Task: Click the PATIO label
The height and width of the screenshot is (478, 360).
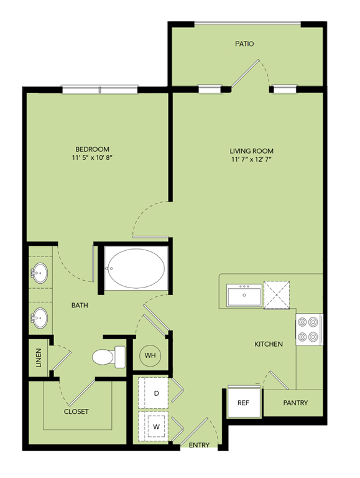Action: tap(244, 44)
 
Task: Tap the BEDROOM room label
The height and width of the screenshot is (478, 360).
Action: tap(92, 149)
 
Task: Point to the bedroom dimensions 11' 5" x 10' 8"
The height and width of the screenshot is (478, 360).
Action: tap(92, 158)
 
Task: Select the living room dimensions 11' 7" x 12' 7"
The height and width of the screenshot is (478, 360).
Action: tap(251, 159)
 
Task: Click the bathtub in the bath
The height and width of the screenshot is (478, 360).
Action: tap(136, 268)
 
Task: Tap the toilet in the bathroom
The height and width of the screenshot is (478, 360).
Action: tap(109, 357)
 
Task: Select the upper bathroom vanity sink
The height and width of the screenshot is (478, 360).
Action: tap(39, 273)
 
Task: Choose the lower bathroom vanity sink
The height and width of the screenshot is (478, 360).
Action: tap(39, 318)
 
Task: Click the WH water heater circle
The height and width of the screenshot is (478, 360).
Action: tap(150, 355)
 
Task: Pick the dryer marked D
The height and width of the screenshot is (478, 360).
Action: tap(153, 393)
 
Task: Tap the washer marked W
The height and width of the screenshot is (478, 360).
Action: tap(153, 426)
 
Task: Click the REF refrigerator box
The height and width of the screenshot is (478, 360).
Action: tap(244, 403)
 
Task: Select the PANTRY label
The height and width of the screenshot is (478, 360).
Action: tap(295, 403)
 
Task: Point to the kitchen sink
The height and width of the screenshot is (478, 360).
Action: tap(244, 295)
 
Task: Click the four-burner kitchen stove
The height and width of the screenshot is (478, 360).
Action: tap(309, 329)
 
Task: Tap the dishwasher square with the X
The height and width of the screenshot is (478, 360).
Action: tap(277, 295)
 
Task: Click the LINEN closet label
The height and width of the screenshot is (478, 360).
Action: tap(39, 358)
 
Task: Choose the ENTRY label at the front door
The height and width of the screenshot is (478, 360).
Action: tap(199, 445)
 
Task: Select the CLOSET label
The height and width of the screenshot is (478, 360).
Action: tap(76, 411)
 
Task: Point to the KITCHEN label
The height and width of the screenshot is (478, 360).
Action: tap(269, 344)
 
